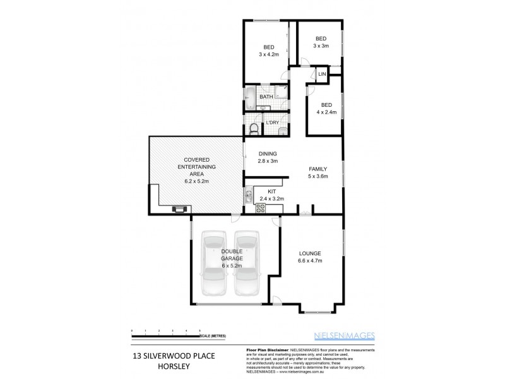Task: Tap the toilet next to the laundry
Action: [x=254, y=129]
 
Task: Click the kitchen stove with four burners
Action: [x=261, y=205]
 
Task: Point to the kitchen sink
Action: [x=249, y=193]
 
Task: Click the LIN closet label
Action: [x=322, y=75]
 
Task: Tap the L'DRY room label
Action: [x=273, y=122]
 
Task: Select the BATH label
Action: [x=266, y=97]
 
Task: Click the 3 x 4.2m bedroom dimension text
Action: [x=268, y=54]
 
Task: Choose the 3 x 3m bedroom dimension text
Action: [x=321, y=46]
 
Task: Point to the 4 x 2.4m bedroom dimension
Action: [x=326, y=112]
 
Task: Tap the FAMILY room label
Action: [x=318, y=169]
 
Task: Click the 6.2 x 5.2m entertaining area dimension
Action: [x=196, y=181]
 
